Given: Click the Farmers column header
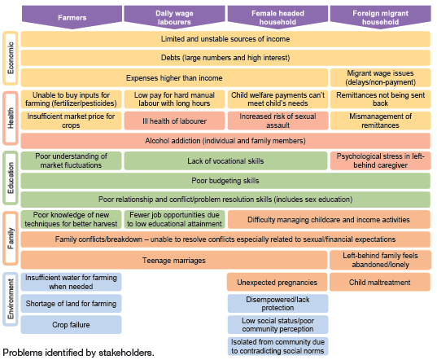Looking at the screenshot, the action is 72,17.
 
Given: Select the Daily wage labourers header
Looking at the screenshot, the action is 174,17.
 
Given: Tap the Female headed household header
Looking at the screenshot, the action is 277,17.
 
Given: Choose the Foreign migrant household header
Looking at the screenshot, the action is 380,17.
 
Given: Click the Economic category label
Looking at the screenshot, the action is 11,58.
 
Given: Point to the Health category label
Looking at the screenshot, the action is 11,118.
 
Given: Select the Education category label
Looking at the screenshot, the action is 11,178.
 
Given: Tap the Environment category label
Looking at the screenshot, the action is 11,299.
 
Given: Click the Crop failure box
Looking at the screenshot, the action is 71,325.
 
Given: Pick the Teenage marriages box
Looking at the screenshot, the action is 174,260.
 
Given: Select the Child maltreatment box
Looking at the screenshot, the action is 380,282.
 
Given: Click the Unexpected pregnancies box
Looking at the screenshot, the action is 277,282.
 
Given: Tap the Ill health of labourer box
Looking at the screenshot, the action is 174,121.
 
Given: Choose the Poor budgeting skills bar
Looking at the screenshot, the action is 225,181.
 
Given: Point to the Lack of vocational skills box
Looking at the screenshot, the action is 225,161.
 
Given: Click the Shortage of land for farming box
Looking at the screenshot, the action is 71,303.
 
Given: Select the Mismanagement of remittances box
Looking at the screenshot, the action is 380,121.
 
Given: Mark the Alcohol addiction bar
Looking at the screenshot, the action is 225,141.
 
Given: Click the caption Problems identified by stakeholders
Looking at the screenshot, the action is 78,353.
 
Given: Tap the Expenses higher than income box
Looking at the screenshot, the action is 174,78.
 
